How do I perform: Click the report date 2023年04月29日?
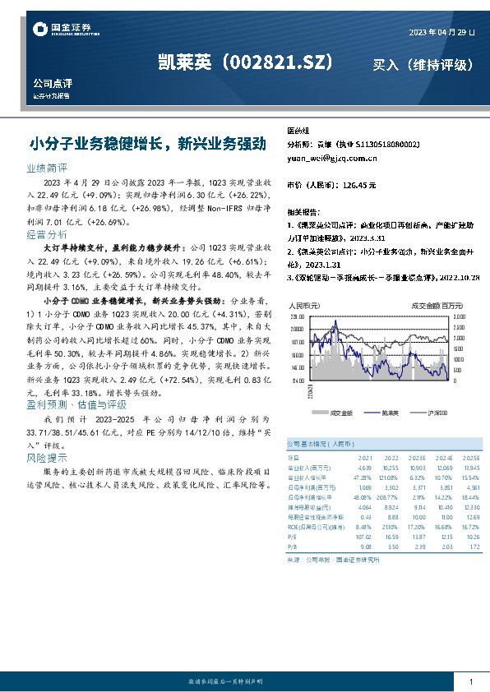click(441, 32)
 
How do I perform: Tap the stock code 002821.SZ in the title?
click(279, 62)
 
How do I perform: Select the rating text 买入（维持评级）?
click(423, 64)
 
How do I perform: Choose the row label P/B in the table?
click(293, 545)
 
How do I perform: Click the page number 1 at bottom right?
click(470, 682)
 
